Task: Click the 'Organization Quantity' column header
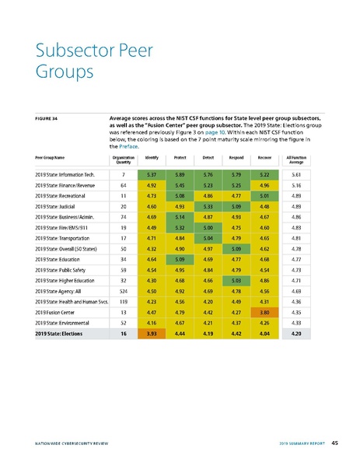coord(124,159)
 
